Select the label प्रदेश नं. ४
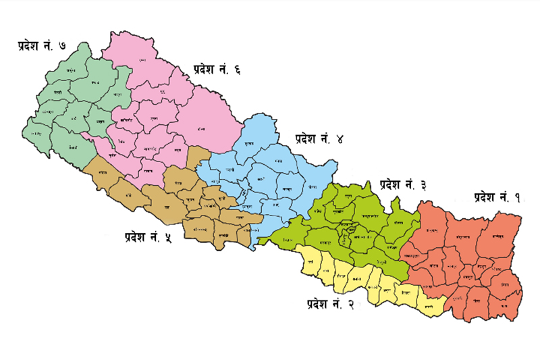[x=319, y=139]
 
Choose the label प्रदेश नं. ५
[x=148, y=236]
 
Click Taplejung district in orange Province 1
[x=500, y=237]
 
